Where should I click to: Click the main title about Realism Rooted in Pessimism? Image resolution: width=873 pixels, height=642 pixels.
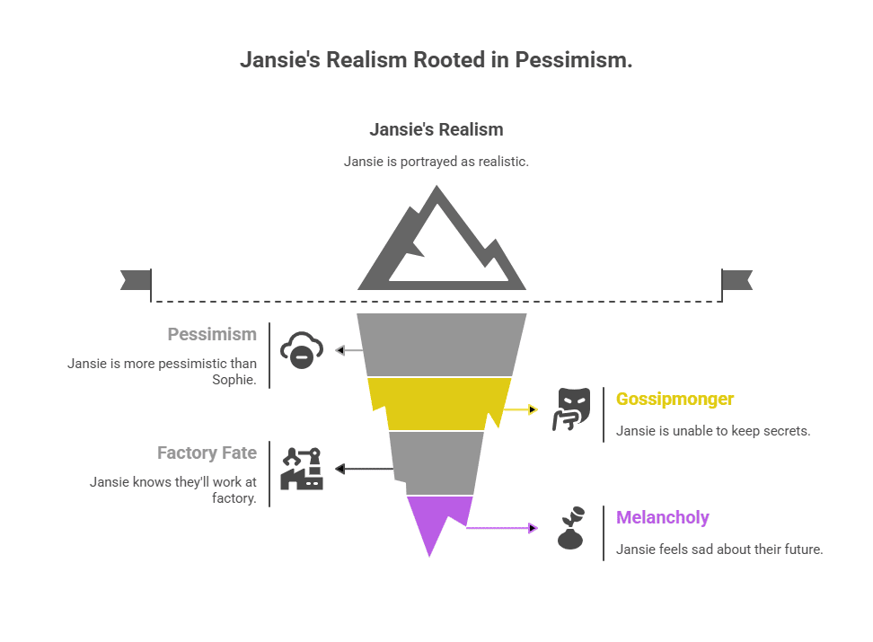(436, 60)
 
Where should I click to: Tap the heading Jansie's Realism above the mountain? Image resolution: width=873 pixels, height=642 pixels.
(436, 129)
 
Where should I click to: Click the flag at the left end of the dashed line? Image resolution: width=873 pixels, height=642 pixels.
(137, 280)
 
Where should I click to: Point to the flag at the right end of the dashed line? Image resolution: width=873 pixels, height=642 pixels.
(736, 280)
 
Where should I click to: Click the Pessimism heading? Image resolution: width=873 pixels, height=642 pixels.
(212, 334)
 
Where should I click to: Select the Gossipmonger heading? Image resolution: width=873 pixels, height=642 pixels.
(675, 399)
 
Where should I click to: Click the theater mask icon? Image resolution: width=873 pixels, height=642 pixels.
(570, 409)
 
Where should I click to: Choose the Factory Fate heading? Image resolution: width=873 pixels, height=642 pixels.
(207, 453)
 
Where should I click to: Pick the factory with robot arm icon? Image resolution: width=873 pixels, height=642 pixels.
(302, 468)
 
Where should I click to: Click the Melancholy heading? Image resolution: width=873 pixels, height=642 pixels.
(662, 517)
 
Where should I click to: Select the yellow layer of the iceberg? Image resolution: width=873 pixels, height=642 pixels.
(439, 401)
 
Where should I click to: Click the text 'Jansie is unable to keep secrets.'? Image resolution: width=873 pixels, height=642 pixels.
(713, 431)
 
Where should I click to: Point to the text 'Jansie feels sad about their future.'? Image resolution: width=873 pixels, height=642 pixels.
(719, 550)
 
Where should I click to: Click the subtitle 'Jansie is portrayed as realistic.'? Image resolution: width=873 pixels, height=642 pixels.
(436, 162)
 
